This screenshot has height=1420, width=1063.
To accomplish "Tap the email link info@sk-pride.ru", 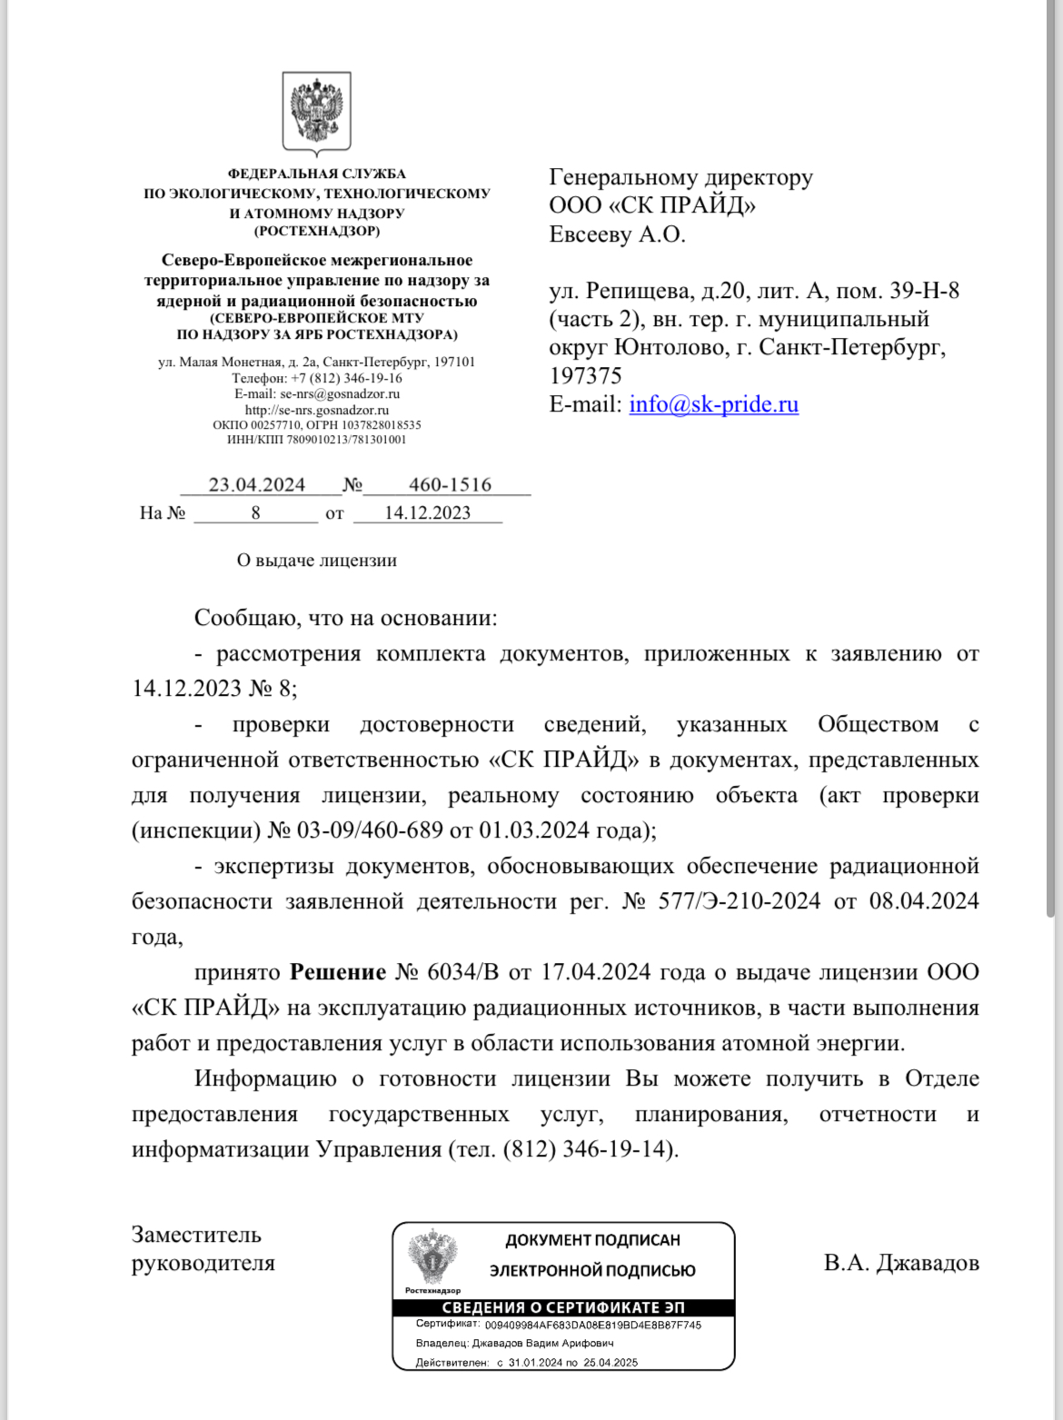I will (x=713, y=404).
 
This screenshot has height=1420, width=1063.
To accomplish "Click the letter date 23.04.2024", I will (x=257, y=484).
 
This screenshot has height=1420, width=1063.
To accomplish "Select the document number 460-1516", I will (x=450, y=484).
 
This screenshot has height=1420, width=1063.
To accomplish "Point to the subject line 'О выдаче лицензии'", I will (x=316, y=561).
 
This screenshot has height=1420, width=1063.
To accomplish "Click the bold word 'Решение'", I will (x=338, y=972).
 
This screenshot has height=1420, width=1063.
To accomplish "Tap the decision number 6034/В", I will (x=463, y=972).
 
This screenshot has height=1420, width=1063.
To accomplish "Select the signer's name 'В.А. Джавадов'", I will (x=901, y=1263).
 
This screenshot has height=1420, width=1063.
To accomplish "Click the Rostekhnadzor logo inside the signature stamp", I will (x=432, y=1258).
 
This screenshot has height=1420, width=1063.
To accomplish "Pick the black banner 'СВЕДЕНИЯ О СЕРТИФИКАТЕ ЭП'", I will (x=563, y=1307).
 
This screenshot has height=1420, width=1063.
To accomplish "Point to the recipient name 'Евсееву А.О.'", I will (x=617, y=234).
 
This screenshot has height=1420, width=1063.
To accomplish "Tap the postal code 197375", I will (x=586, y=376).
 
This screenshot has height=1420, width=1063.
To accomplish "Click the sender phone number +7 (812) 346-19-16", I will (x=346, y=378).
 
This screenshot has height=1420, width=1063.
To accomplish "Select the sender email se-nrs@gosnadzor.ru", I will (x=340, y=393).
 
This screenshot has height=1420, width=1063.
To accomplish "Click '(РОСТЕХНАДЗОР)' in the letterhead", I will (x=316, y=231).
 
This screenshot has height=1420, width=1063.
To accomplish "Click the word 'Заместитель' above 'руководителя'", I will (x=196, y=1235).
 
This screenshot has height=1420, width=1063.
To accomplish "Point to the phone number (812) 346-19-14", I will (x=589, y=1149).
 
